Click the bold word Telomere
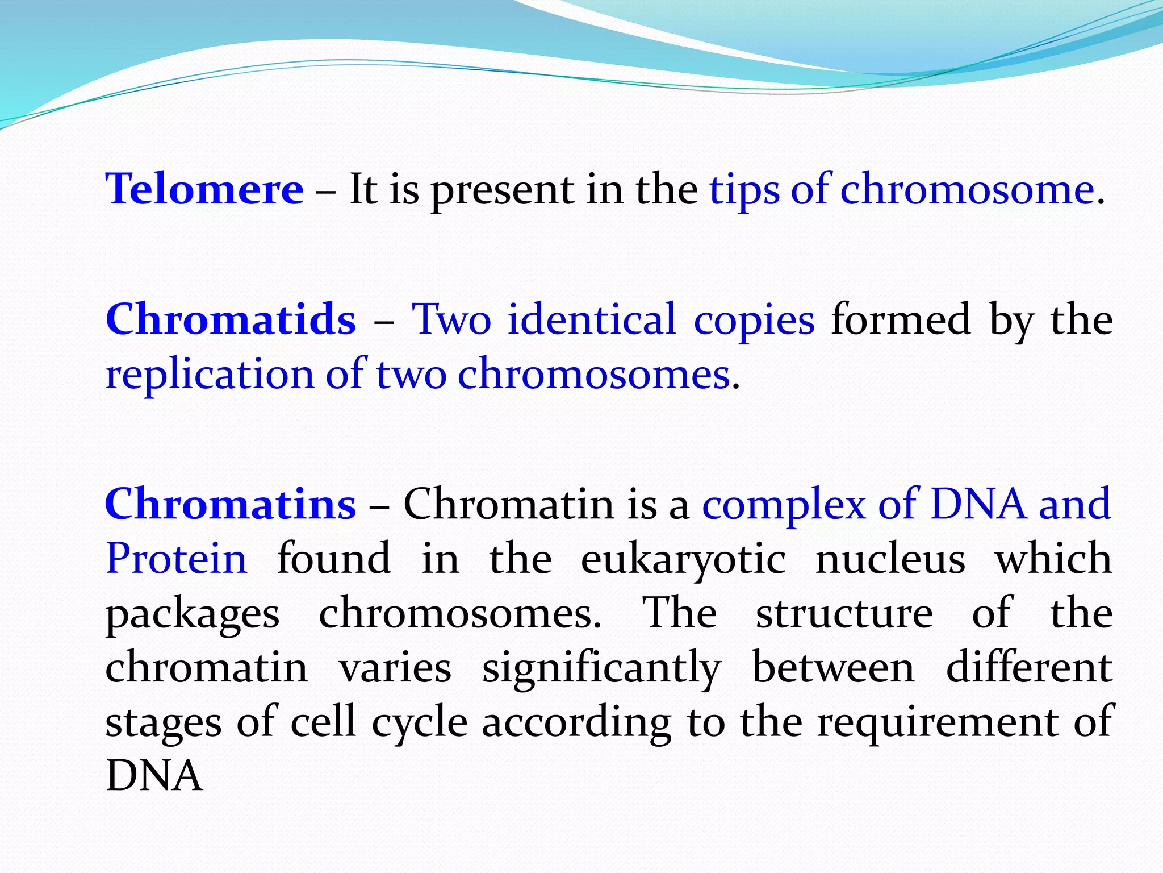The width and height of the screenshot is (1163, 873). point(204,189)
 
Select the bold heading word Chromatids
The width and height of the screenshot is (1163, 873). point(231,319)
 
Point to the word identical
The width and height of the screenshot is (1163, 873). point(592,319)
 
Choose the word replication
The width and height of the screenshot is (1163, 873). point(210,375)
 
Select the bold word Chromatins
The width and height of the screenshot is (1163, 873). point(231,504)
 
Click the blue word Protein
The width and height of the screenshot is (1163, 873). point(177,559)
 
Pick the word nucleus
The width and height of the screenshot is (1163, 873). point(890,559)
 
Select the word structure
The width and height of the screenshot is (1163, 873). point(844,613)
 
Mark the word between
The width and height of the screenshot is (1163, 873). point(833,667)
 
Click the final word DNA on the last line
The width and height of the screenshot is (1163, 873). point(154,776)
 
